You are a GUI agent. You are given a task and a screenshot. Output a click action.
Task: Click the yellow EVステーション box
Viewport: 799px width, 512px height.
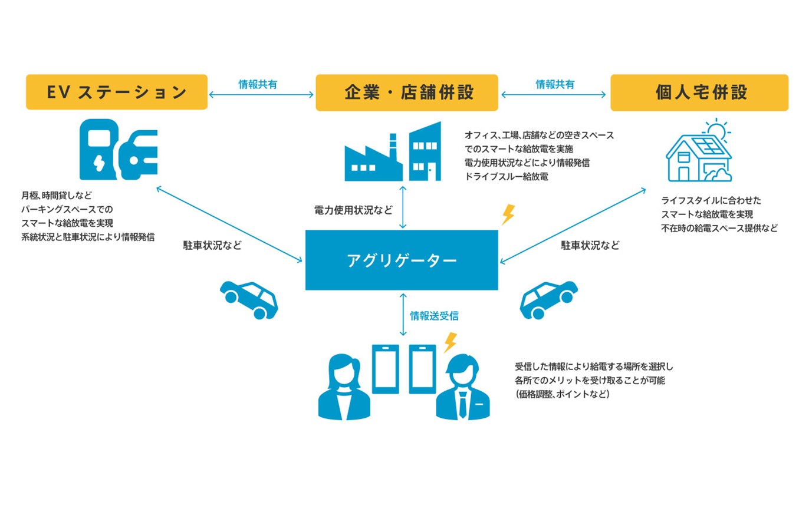click(116, 92)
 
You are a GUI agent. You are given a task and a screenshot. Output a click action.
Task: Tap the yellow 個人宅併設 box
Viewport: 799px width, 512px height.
click(699, 92)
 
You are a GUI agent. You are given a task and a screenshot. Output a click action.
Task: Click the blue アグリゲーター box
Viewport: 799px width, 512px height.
click(401, 260)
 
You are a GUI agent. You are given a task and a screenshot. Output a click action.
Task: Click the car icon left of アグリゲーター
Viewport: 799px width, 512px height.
click(248, 299)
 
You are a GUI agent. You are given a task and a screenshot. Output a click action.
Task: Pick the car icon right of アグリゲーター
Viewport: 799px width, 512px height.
click(548, 299)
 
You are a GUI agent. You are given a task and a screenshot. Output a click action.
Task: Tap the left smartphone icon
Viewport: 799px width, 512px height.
click(384, 368)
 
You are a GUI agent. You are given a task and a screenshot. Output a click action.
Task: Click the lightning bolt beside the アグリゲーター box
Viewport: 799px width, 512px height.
click(507, 215)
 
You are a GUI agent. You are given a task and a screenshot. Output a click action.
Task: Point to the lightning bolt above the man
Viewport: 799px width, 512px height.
click(451, 342)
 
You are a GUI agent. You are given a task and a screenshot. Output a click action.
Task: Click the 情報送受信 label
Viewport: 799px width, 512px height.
click(434, 316)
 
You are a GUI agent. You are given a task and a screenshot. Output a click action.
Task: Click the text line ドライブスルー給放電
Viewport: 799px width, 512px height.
click(507, 176)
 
